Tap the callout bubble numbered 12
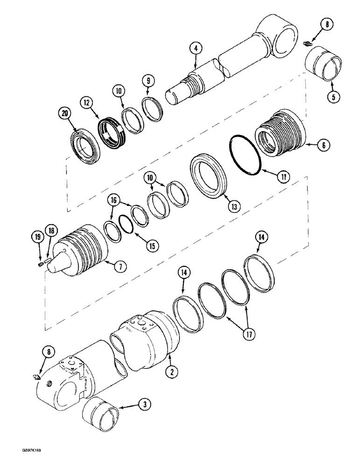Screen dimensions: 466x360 [x=85, y=102]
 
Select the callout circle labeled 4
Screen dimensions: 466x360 [x=196, y=48]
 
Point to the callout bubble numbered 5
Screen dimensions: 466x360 [x=333, y=97]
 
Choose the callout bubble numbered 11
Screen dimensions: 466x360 [x=271, y=177]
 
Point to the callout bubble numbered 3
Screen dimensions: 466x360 [x=146, y=406]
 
